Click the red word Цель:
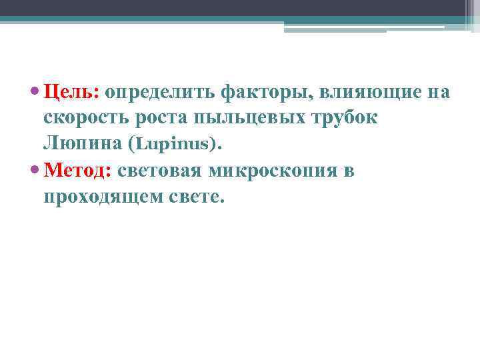click(71, 92)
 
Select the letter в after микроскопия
click(347, 171)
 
